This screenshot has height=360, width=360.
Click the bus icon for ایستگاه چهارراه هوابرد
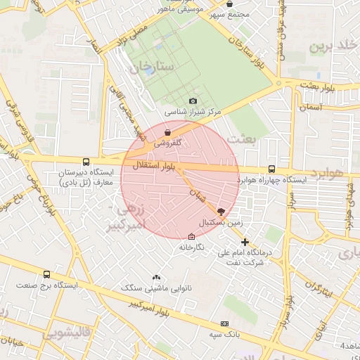click(272, 169)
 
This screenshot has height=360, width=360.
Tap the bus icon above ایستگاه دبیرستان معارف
click(86, 161)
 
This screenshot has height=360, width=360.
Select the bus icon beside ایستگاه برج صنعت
click(46, 275)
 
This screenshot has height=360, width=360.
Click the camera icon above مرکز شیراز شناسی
click(193, 101)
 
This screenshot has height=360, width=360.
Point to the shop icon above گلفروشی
click(167, 131)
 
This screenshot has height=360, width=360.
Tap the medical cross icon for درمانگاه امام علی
click(245, 242)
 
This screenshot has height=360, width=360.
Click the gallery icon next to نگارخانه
click(192, 236)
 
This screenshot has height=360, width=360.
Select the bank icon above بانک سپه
click(224, 323)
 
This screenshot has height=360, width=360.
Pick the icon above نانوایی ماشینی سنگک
click(156, 278)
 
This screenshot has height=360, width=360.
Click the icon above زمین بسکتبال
click(221, 210)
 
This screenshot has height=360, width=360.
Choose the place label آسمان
click(309, 107)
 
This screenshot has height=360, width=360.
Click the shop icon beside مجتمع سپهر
click(229, 4)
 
